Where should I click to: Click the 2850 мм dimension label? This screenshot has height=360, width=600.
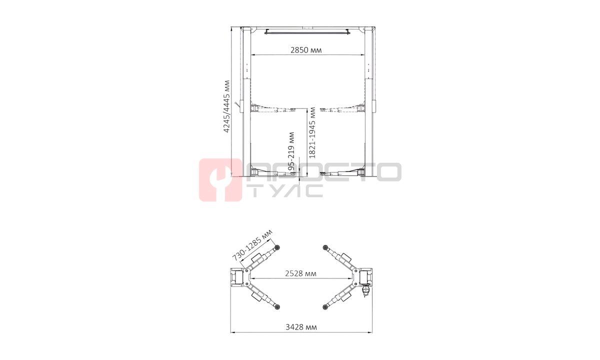(306, 50)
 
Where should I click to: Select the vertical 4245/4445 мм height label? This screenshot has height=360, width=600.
(226, 106)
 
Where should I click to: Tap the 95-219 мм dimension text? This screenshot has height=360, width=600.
(291, 151)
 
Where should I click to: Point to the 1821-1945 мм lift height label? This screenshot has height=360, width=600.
(312, 132)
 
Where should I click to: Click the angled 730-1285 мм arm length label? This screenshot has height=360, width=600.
(252, 245)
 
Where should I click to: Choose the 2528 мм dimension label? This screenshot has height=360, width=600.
(300, 273)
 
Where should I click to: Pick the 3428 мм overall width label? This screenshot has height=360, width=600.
(301, 327)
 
